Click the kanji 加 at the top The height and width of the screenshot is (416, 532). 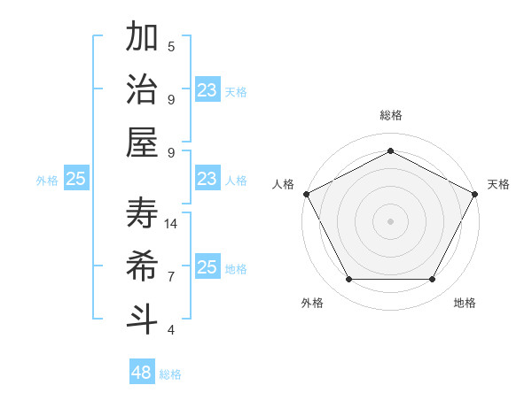coord(143,38)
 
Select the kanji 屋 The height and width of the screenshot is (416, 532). coord(143,143)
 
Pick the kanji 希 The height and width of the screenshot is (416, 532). coord(143,266)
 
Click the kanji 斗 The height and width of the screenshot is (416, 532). coord(143,319)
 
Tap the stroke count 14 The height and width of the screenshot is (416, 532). coord(172,224)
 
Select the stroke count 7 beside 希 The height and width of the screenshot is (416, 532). coord(171,277)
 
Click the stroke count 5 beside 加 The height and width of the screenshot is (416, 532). coord(171,47)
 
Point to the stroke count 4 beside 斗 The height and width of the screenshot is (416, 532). coord(171,330)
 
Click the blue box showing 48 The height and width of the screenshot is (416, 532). coord(142,373)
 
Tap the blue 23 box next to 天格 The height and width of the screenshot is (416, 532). coord(207,90)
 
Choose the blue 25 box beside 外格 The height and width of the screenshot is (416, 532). coord(76,179)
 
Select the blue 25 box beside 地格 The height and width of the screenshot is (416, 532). coord(207,267)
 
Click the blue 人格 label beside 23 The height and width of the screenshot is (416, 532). coord(236,180)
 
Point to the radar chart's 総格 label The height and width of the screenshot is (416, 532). coord(391,115)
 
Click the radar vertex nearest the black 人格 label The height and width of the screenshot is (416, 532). coord(306,194)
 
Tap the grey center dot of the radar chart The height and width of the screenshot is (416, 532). coord(391,220)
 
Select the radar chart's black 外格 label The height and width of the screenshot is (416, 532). coord(312,303)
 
